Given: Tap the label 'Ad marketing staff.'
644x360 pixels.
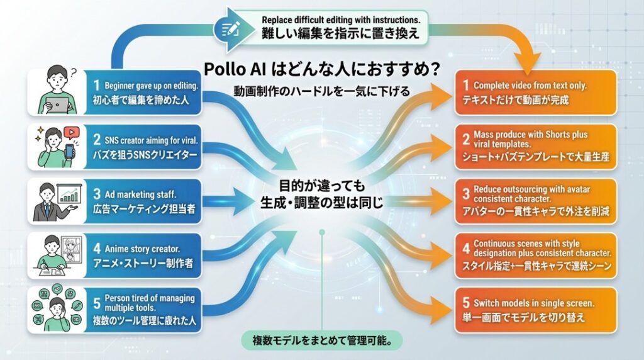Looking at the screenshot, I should (140, 194).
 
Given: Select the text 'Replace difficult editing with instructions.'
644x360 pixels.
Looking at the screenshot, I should (340, 20).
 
